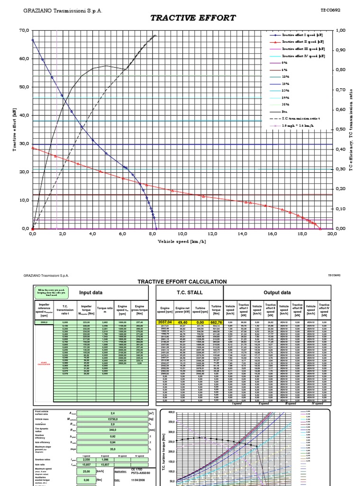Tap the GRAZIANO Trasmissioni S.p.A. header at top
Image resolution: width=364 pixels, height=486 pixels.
tap(62, 10)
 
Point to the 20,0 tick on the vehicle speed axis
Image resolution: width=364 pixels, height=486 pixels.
tap(332, 234)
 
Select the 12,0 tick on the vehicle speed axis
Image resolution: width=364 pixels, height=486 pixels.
tap(212, 234)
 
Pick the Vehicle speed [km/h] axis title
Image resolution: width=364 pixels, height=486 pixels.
tap(182, 241)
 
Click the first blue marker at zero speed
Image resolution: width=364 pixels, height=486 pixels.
tap(33, 40)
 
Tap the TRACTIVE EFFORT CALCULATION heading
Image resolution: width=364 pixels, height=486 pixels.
tap(182, 282)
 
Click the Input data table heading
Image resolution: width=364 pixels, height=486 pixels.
tap(91, 293)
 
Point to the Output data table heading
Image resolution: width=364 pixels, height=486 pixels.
tap(277, 293)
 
